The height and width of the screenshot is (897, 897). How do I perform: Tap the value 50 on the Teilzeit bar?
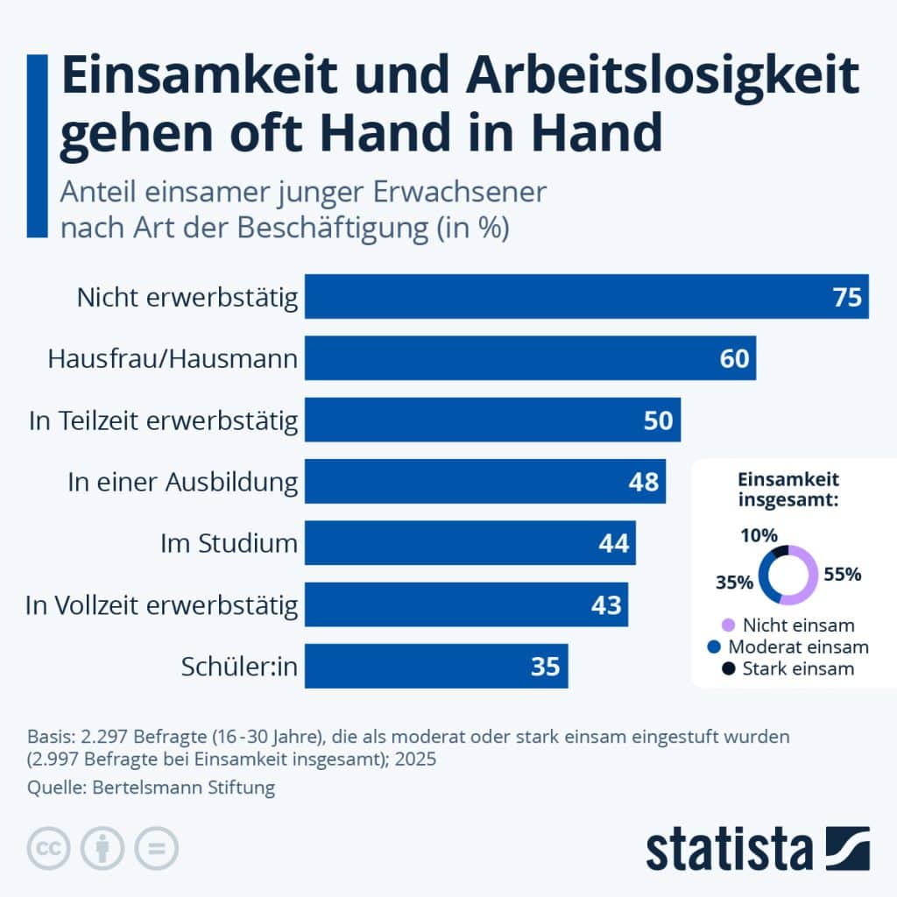coord(658,420)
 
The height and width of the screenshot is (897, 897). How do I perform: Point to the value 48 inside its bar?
coord(644,482)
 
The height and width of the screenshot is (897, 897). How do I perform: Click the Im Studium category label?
coord(229,544)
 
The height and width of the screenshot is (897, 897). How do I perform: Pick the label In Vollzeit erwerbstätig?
coord(162,605)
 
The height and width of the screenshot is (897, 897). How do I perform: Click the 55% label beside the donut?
coord(843,575)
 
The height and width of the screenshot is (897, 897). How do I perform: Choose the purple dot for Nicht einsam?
coord(727,626)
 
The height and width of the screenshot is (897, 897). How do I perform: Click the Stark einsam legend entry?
coord(796,669)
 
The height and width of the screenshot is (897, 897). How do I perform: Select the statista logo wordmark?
coord(730,850)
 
